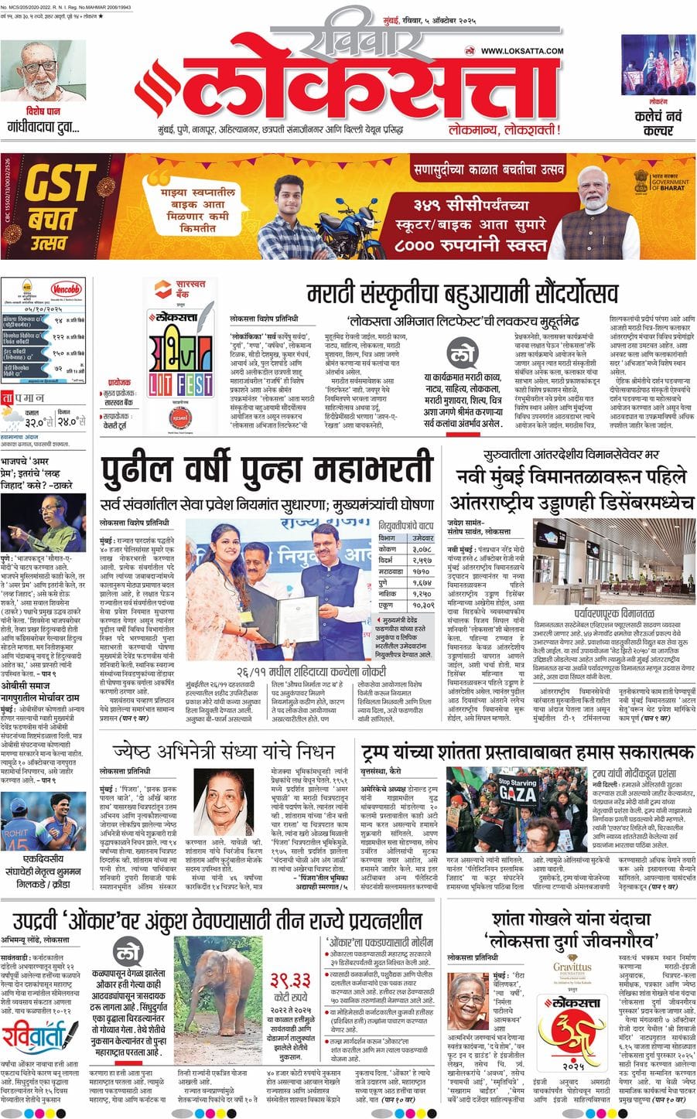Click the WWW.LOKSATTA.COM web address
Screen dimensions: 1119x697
coord(522,52)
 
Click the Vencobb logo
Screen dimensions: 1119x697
coord(66,290)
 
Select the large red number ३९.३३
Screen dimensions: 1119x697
coord(290,977)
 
